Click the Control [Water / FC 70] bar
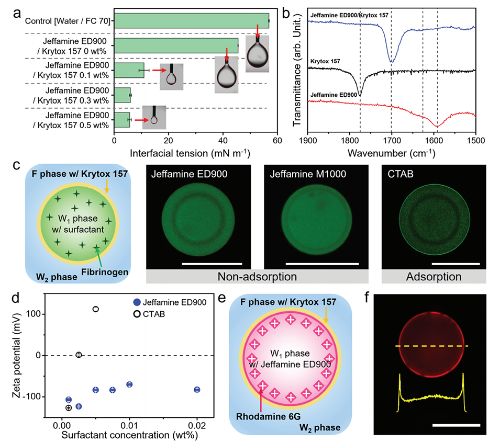191,21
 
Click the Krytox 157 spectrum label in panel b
326,62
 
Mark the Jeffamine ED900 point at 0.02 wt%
197,390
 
